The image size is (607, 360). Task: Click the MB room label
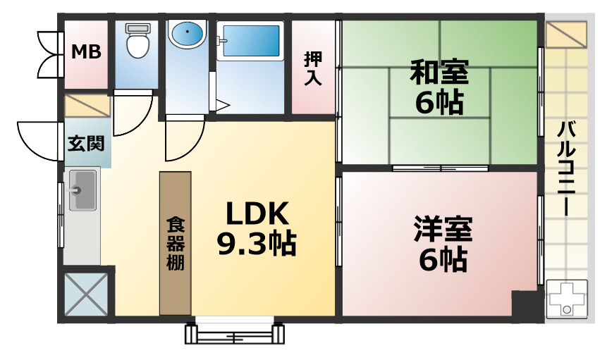(x=86, y=51)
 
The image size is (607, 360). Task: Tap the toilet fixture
(x=137, y=40)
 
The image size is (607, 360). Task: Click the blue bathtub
(x=250, y=41)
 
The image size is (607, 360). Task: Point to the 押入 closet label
(x=313, y=68)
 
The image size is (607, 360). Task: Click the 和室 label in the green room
(x=439, y=72)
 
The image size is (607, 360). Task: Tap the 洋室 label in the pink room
(x=443, y=229)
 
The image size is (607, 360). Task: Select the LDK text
(x=257, y=213)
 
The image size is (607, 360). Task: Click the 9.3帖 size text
(x=257, y=244)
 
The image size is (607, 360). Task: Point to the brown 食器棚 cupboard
(x=176, y=243)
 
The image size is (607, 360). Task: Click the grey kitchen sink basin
(x=82, y=190)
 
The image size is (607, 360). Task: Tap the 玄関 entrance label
(x=86, y=144)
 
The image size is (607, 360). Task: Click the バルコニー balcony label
(x=566, y=168)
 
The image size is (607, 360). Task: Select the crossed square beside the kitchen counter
(x=86, y=294)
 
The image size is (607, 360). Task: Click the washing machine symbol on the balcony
(x=567, y=299)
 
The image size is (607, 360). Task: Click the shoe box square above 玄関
(x=87, y=106)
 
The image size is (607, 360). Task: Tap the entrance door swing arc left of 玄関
(x=39, y=141)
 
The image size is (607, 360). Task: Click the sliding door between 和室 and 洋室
(x=440, y=168)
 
